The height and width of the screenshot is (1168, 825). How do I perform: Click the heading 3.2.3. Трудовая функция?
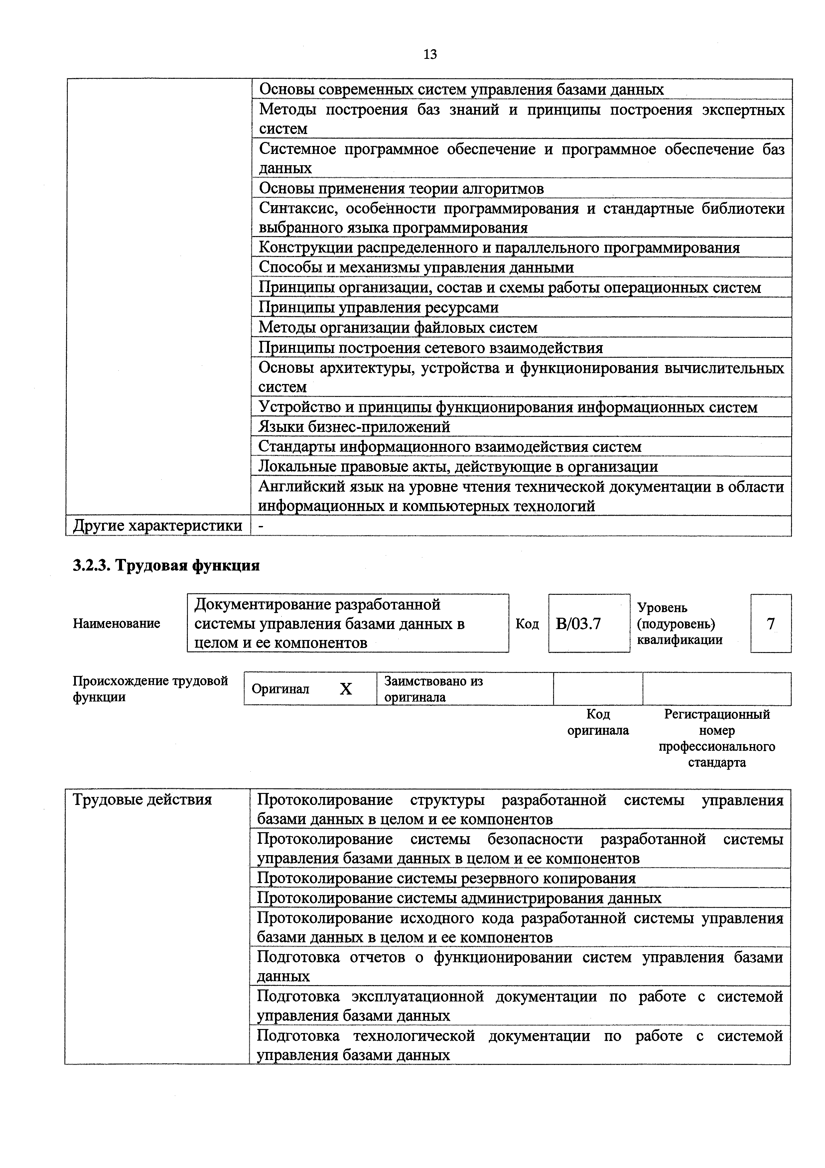click(166, 566)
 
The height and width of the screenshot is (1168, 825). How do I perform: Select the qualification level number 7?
click(770, 624)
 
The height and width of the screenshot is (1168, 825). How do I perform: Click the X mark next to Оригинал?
click(346, 689)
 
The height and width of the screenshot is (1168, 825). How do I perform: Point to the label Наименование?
click(116, 624)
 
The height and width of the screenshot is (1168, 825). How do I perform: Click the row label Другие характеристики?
click(158, 526)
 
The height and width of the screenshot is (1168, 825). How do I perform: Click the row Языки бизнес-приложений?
click(354, 427)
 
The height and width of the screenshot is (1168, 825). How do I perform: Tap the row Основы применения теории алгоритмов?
click(401, 189)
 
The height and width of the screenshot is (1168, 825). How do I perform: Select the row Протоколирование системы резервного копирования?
click(446, 878)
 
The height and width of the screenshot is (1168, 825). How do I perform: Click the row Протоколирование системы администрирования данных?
click(459, 898)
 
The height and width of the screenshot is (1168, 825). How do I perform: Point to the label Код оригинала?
click(598, 722)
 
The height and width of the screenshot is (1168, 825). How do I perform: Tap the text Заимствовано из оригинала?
click(433, 689)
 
